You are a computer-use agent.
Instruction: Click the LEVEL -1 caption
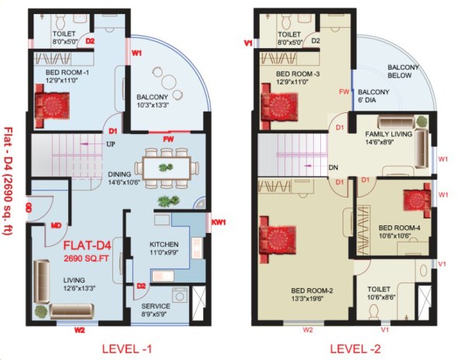tap(128, 348)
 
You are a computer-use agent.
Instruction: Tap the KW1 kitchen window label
tap(219, 223)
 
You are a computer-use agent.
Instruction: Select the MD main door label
tap(56, 226)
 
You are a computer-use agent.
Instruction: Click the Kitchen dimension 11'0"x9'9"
tap(164, 252)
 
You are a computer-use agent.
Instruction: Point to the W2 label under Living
tap(79, 330)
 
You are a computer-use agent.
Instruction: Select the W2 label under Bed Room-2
tap(308, 330)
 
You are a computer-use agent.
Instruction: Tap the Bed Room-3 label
tap(298, 74)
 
